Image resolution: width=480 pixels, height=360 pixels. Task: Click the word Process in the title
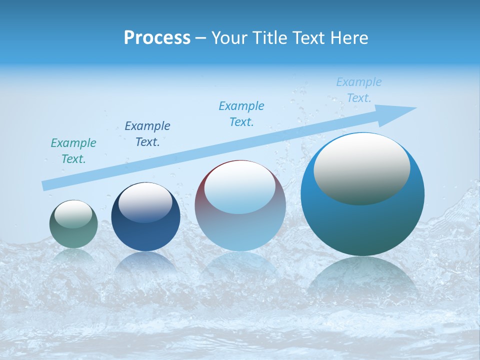tap(157, 37)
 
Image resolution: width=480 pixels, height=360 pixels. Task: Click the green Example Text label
tap(73, 151)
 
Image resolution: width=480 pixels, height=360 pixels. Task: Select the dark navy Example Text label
tap(147, 133)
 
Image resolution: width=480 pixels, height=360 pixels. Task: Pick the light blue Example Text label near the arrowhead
tap(359, 90)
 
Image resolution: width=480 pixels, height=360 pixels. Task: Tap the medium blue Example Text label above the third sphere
tap(241, 113)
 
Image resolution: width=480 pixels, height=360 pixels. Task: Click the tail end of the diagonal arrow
tap(46, 185)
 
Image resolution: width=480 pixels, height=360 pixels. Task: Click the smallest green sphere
tap(73, 235)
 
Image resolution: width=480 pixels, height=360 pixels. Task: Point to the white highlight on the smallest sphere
tap(73, 214)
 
